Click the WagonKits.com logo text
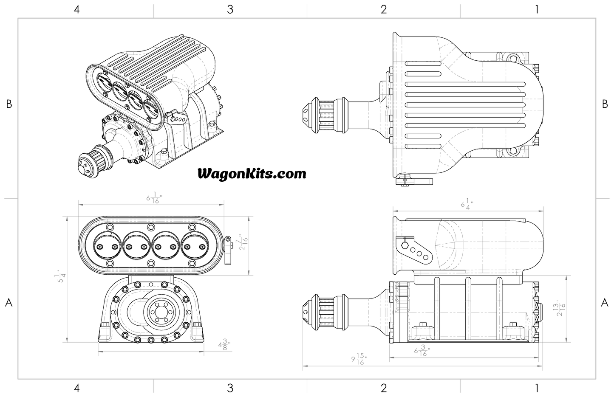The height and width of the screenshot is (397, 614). pyautogui.click(x=252, y=173)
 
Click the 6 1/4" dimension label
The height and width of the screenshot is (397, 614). pyautogui.click(x=467, y=203)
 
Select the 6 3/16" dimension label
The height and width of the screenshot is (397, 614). pyautogui.click(x=422, y=352)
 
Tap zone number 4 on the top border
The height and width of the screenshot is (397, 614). pyautogui.click(x=77, y=9)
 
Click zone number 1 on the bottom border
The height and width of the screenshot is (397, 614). pyautogui.click(x=537, y=388)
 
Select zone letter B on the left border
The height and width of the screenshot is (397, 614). pyautogui.click(x=9, y=104)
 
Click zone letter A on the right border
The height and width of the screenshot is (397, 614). pyautogui.click(x=605, y=303)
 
